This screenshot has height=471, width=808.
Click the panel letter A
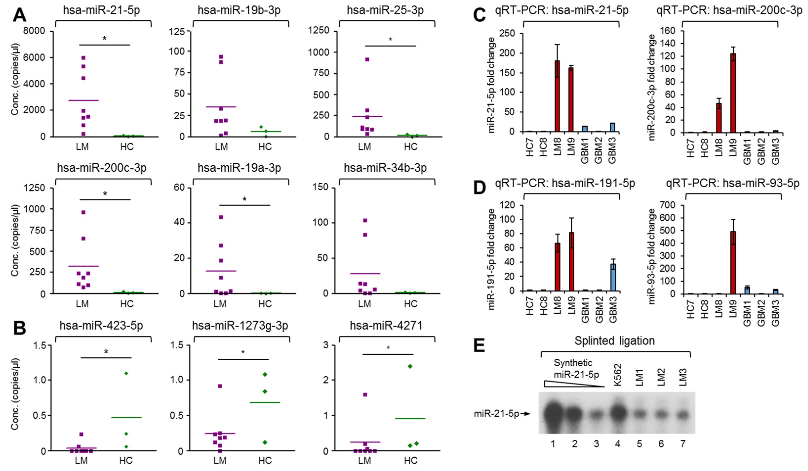click(x=19, y=14)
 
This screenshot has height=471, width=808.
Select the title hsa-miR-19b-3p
click(x=239, y=11)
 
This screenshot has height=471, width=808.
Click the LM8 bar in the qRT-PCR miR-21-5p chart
click(x=557, y=96)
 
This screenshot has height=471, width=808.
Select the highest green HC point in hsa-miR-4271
click(x=410, y=366)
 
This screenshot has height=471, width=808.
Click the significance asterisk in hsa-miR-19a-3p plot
click(x=244, y=199)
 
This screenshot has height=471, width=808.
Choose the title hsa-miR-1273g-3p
click(x=240, y=325)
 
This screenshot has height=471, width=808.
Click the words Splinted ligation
click(x=614, y=341)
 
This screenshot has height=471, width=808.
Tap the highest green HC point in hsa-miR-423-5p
click(x=126, y=373)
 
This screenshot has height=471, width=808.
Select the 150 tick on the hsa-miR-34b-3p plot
click(x=322, y=188)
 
